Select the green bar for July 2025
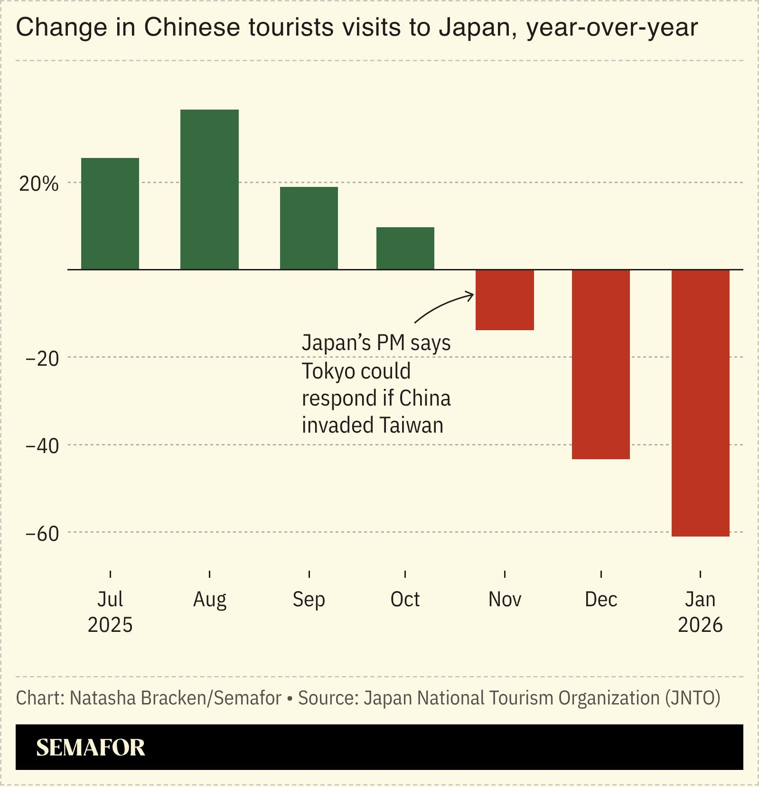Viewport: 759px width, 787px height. (x=110, y=213)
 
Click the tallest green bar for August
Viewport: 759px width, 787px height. (x=209, y=189)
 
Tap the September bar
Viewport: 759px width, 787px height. (x=309, y=228)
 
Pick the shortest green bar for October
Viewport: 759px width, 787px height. (x=405, y=248)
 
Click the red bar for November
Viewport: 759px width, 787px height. (x=505, y=300)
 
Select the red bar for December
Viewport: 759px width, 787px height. (x=601, y=364)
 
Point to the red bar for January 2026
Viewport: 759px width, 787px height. (x=700, y=403)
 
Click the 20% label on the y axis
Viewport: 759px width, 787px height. (x=39, y=184)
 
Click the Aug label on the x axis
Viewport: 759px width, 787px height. (x=209, y=600)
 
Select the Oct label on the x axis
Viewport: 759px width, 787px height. (x=405, y=600)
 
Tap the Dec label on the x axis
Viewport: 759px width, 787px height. (x=601, y=600)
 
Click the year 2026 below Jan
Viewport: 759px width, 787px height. (x=700, y=625)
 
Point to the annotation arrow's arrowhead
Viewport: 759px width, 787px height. (x=471, y=296)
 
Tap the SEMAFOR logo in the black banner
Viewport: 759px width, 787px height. (x=91, y=748)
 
